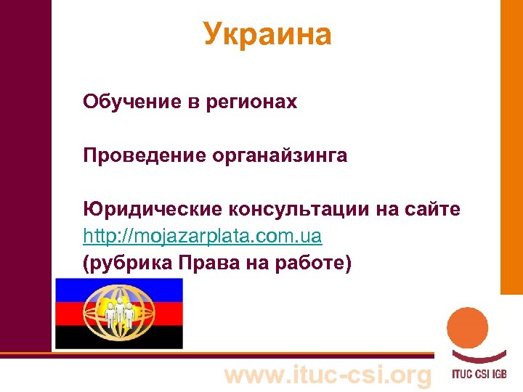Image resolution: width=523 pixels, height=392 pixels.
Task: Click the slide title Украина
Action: point(267,34)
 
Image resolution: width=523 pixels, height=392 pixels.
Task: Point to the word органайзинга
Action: point(280,155)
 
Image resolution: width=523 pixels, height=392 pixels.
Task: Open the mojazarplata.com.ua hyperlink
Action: point(203,237)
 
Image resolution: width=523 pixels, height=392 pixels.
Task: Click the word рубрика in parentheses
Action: point(123,264)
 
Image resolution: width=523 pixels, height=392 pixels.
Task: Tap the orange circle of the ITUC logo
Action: point(467,329)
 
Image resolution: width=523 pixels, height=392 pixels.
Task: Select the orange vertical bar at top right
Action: point(511,145)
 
